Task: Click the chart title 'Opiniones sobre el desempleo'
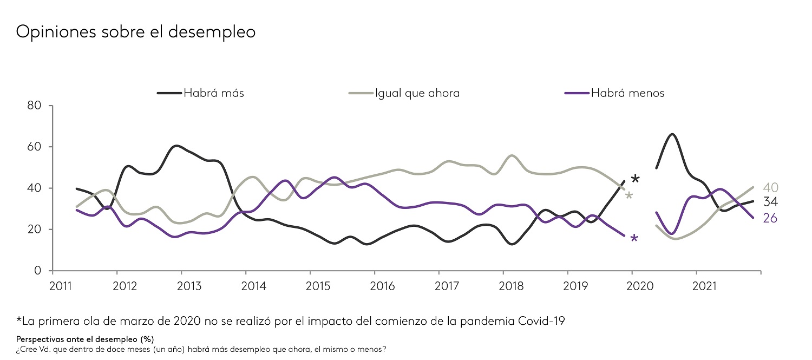[136, 32]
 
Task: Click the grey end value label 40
[770, 188]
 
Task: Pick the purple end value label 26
[770, 219]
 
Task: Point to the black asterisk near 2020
[636, 180]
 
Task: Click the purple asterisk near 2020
[634, 239]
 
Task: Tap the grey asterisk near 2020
[629, 195]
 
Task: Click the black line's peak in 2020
[672, 134]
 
